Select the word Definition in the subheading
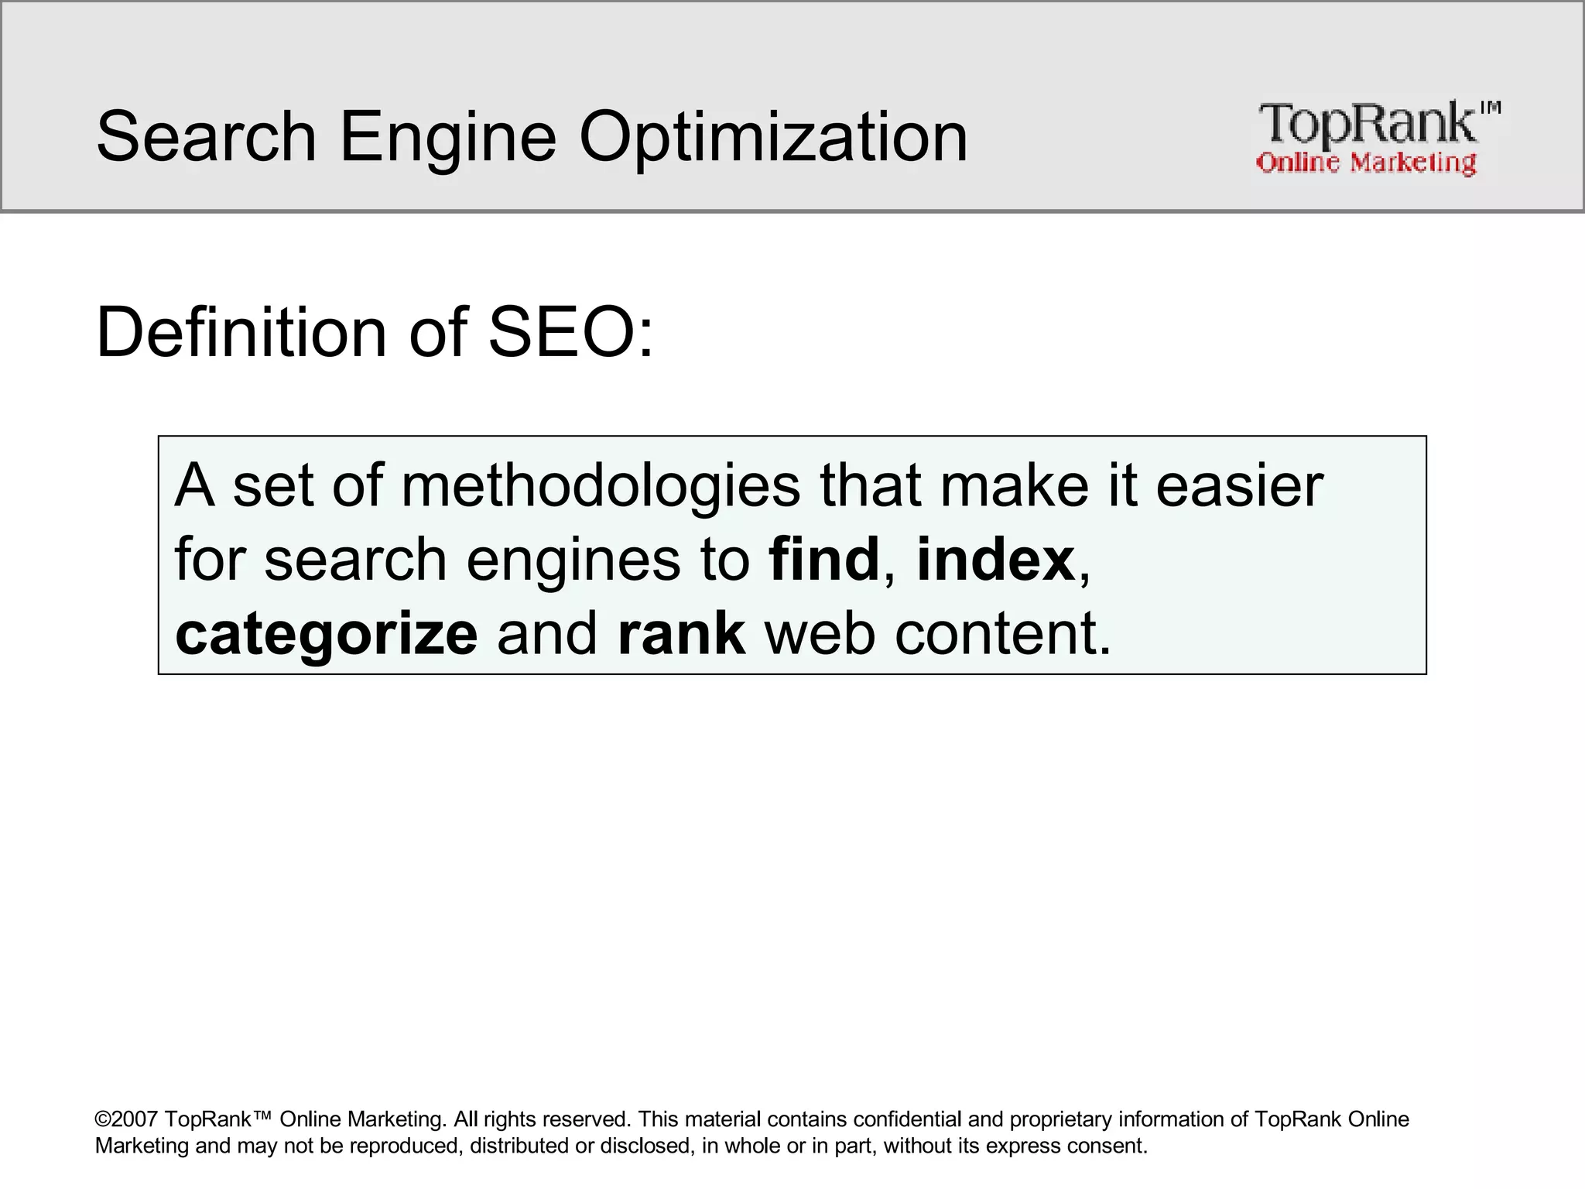point(241,333)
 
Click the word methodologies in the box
point(600,488)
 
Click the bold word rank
point(681,633)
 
